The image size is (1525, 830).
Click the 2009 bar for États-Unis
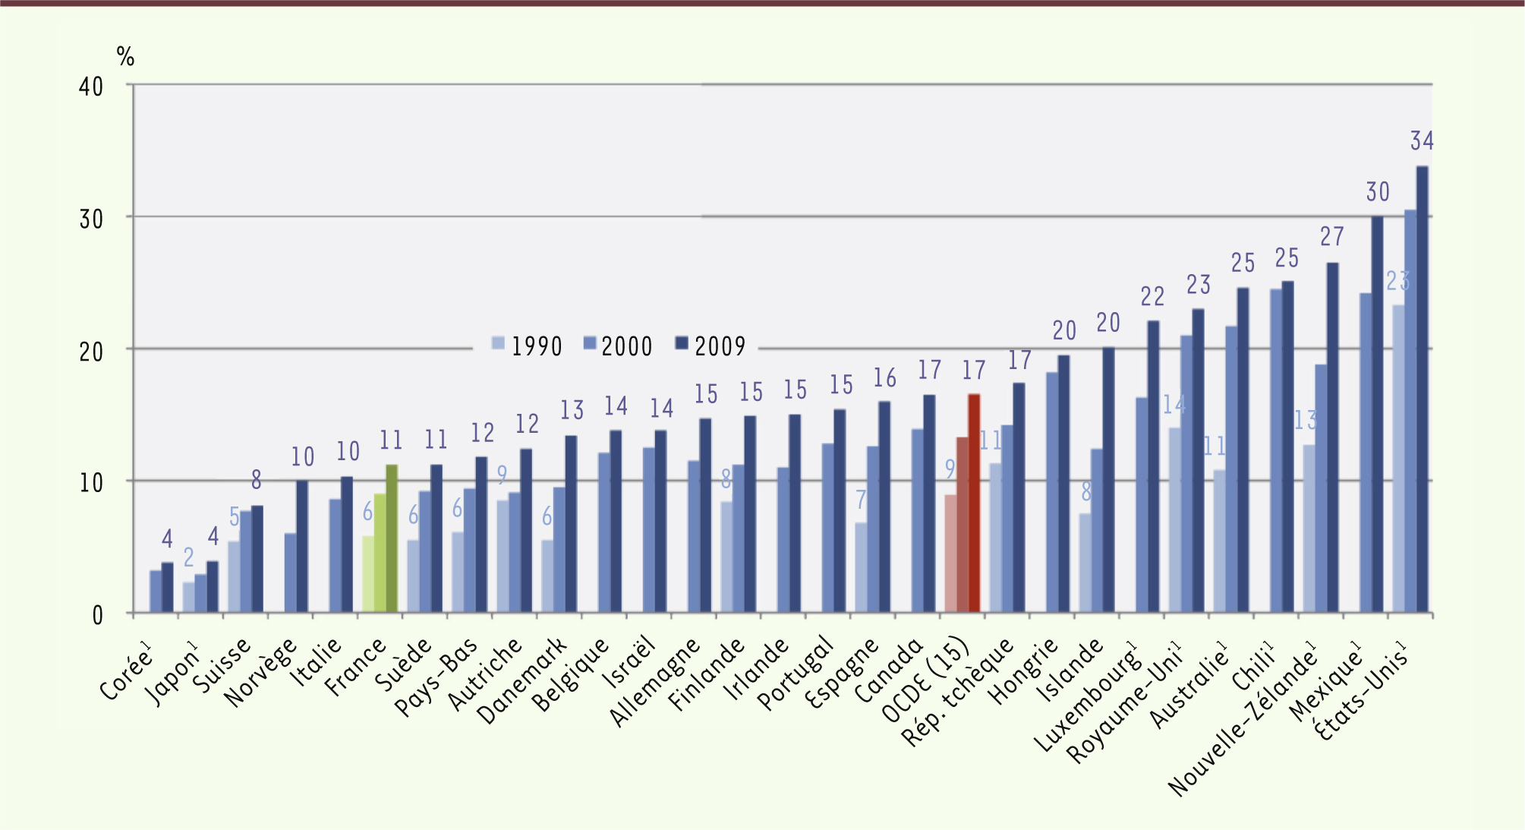pos(1422,389)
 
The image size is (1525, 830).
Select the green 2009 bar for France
pos(392,538)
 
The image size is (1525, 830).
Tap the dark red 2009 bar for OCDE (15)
pos(974,503)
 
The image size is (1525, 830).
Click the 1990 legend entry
pos(527,346)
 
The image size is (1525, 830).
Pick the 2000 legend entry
pos(618,346)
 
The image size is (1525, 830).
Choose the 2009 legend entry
pos(711,346)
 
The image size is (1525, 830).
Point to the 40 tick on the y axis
pos(91,87)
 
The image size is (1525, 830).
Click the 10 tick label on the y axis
pos(91,483)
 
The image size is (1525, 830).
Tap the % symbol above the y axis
pos(125,56)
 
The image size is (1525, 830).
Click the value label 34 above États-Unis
pos(1422,141)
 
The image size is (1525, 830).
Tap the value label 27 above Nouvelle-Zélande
pos(1332,237)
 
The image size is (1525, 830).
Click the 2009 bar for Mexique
pos(1377,415)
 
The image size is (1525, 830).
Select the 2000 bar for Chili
pos(1276,450)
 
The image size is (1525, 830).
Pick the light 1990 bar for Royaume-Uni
pos(1174,520)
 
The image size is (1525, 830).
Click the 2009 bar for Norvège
pos(302,546)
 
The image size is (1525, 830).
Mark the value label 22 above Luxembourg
pos(1152,296)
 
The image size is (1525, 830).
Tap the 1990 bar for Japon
pos(188,597)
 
